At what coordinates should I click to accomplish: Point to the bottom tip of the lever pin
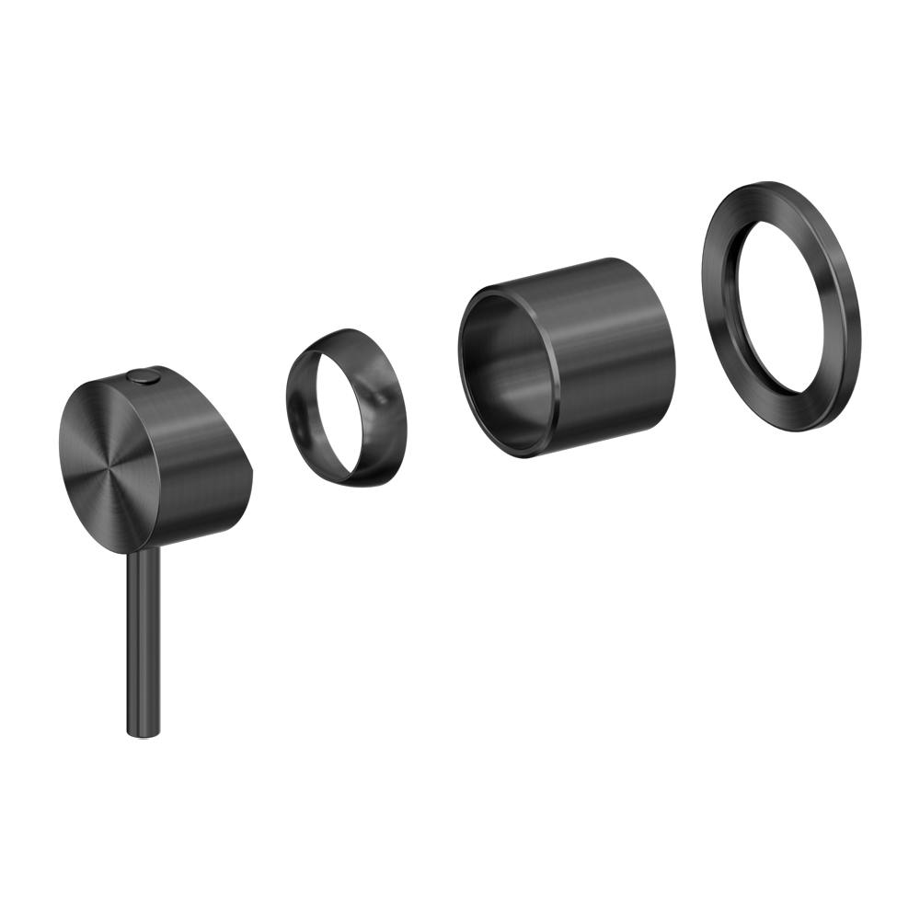click(x=145, y=733)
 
